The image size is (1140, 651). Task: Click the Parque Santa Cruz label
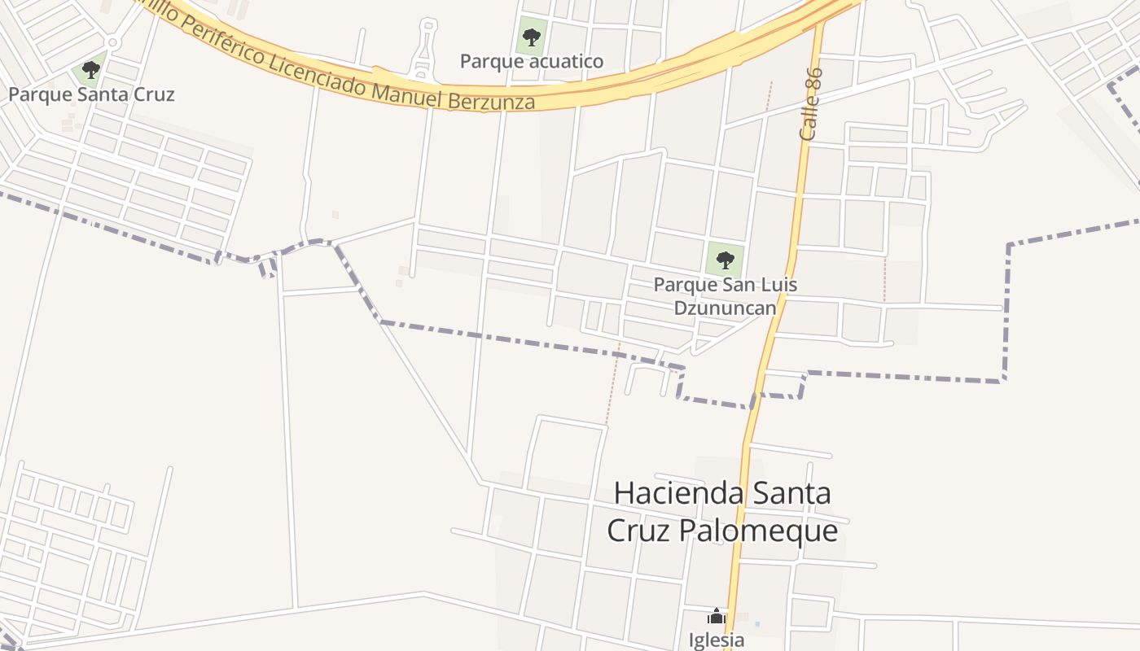pyautogui.click(x=91, y=94)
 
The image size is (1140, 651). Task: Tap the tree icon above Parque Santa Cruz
pyautogui.click(x=91, y=70)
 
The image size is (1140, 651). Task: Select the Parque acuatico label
pyautogui.click(x=532, y=61)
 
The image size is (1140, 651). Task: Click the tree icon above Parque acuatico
pyautogui.click(x=531, y=37)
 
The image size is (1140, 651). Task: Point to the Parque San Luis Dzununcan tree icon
pyautogui.click(x=725, y=260)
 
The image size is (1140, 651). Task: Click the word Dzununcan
pyautogui.click(x=725, y=308)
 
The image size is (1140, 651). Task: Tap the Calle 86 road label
pyautogui.click(x=812, y=104)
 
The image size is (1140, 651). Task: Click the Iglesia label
pyautogui.click(x=717, y=640)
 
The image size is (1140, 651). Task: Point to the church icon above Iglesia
pyautogui.click(x=716, y=616)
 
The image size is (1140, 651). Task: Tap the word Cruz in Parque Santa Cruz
pyautogui.click(x=153, y=94)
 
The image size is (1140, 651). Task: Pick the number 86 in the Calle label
pyautogui.click(x=815, y=80)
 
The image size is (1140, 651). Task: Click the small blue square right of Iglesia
pyautogui.click(x=756, y=624)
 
